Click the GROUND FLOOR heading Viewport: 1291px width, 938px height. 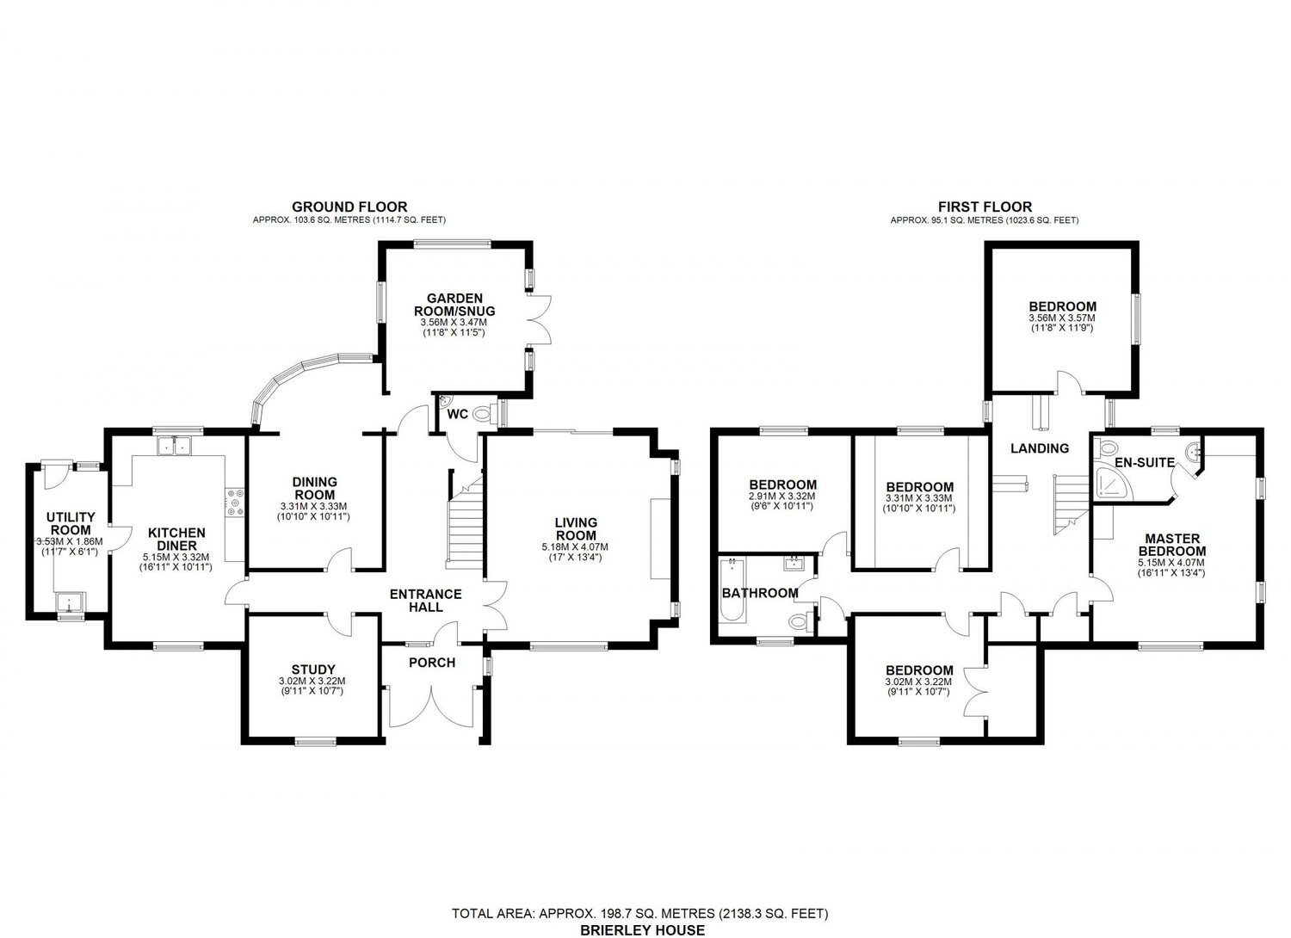coord(349,207)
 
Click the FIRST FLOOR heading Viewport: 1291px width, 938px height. coord(985,207)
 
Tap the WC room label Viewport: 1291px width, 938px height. coord(458,414)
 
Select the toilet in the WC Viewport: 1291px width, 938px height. coord(485,413)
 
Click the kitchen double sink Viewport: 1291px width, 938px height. coord(174,445)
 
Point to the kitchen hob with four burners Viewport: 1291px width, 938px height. coord(235,502)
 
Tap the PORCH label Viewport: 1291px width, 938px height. coord(432,663)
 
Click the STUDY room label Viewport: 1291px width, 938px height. coord(313,669)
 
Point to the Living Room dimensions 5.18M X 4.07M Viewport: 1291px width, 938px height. coord(575,546)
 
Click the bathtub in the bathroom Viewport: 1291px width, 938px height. coord(733,590)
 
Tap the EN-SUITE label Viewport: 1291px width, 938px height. coord(1144,462)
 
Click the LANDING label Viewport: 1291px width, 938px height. coord(1040,447)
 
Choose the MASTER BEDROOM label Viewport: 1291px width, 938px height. coord(1171,545)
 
